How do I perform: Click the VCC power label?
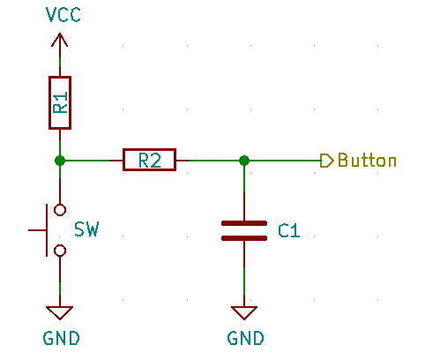coord(63,15)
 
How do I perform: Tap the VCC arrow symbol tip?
coord(60,34)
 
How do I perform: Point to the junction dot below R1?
coord(60,161)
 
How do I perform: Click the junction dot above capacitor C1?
coord(244,161)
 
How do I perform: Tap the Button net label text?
coord(367,161)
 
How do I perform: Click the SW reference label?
coord(86,229)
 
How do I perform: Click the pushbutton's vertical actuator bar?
coord(47,230)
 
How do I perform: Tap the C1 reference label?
coord(289,230)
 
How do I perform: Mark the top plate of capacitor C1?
coord(244,223)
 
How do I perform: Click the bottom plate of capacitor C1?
coord(244,238)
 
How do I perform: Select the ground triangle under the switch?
coord(60,308)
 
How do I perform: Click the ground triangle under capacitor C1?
coord(244,308)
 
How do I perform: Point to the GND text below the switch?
coord(61,338)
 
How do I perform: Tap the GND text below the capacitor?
coord(246,338)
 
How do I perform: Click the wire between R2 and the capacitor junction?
coord(213,161)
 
